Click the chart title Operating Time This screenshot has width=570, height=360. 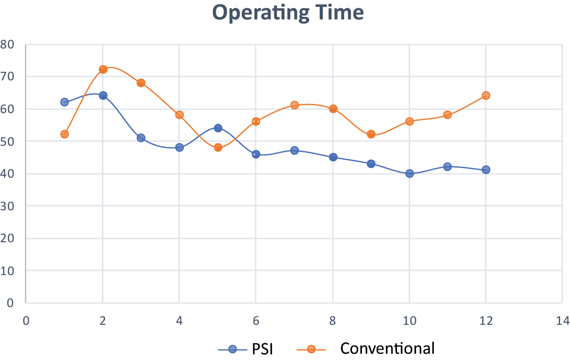click(288, 13)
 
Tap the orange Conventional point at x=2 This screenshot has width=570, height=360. click(103, 69)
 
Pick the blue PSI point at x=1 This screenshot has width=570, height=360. click(65, 102)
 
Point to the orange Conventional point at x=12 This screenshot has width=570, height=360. click(486, 95)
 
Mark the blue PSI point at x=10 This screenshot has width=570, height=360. click(409, 173)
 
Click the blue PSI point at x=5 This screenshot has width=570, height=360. click(218, 128)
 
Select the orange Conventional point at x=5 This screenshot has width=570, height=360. click(218, 147)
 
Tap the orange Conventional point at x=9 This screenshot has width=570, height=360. click(371, 134)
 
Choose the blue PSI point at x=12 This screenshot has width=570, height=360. click(486, 169)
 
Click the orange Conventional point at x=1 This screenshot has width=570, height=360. click(65, 134)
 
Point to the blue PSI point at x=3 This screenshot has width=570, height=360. click(141, 138)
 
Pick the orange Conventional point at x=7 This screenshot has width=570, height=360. click(295, 105)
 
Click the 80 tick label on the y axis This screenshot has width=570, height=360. click(7, 44)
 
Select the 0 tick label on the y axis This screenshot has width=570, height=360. click(10, 303)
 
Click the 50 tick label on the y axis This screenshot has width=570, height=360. click(7, 141)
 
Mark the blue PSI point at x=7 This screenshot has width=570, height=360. click(295, 150)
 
